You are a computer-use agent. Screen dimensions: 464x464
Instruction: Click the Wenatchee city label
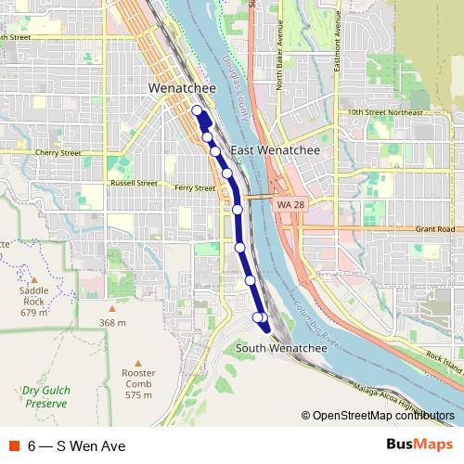tap(182, 88)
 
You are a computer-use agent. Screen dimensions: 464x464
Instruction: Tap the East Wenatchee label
tap(275, 149)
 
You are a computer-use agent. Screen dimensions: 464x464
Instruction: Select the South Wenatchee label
tap(281, 348)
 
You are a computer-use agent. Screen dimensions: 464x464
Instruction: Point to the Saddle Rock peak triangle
tap(34, 277)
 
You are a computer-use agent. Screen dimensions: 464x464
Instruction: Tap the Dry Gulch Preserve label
tap(46, 397)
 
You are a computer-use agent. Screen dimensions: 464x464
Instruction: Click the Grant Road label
tap(435, 228)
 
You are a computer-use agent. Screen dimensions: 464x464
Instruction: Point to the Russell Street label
tap(134, 183)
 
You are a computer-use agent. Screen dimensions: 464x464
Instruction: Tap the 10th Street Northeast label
tap(384, 112)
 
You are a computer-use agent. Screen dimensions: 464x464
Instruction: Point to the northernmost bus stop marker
tap(197, 111)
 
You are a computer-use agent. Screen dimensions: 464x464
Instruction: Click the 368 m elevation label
tap(112, 322)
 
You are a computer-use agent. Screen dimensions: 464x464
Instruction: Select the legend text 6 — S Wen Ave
tap(76, 445)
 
